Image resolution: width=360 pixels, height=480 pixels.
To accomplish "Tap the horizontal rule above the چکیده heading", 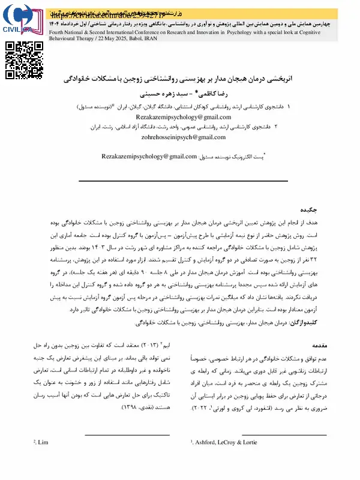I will [179, 181].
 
